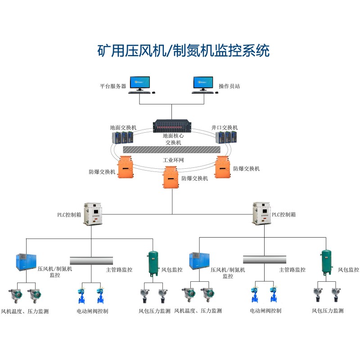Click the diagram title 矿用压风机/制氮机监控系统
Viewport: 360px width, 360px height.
[183, 50]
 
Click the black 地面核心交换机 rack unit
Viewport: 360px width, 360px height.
[172, 126]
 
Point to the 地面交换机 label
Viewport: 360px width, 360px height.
[123, 127]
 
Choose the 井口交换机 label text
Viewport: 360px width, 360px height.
[224, 127]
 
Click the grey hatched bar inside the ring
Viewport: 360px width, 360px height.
[172, 149]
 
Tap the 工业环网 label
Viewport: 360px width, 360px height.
[173, 160]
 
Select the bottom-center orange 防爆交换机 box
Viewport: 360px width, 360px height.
[171, 177]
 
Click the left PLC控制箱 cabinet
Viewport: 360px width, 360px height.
[93, 214]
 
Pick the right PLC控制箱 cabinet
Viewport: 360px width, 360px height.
[261, 213]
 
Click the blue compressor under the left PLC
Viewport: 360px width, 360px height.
[26, 262]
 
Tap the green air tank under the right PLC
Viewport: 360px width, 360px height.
[326, 262]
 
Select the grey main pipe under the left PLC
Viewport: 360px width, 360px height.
[91, 261]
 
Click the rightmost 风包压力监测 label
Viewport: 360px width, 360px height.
[328, 310]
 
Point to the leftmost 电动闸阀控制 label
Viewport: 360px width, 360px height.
[92, 311]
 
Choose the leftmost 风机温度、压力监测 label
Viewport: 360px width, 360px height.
[25, 311]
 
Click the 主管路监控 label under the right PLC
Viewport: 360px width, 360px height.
[292, 270]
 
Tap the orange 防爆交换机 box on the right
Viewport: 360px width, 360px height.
[222, 167]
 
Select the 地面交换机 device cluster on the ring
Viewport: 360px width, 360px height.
[122, 137]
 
